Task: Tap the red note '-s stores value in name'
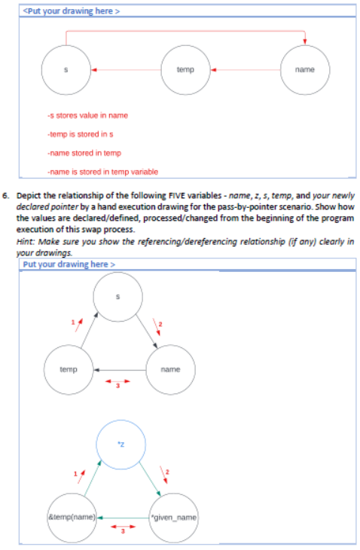coord(87,115)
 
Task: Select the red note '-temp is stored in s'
coord(80,133)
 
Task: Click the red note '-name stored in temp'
coord(79,152)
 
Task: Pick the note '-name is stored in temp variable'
coord(102,171)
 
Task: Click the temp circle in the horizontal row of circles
coord(185,70)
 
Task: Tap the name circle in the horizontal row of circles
coord(304,70)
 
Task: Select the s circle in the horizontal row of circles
coord(66,70)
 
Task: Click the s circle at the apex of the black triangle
coord(117,296)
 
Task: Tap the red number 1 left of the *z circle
coord(73,472)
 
